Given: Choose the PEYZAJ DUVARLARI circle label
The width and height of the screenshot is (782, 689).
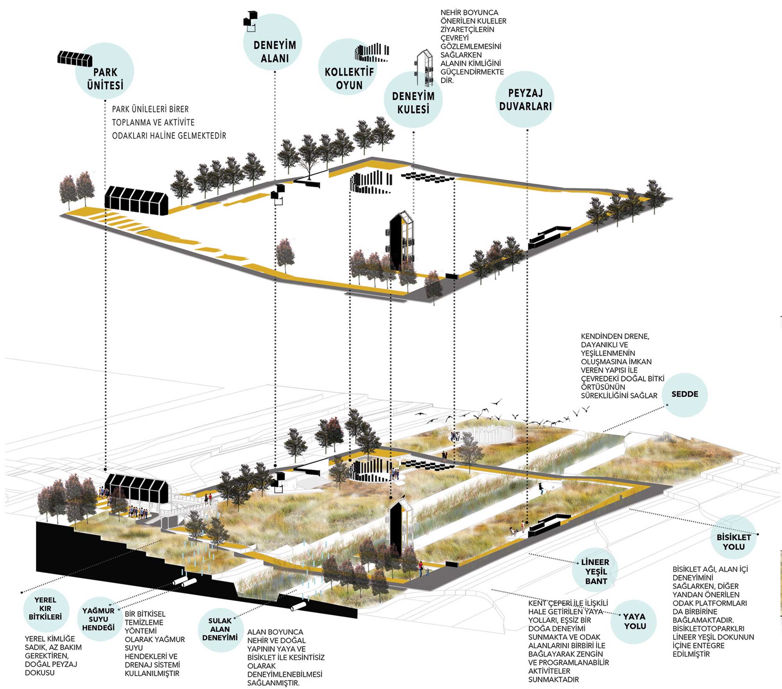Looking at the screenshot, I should tap(525, 100).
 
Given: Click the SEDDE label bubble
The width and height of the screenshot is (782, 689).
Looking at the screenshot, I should tap(685, 394).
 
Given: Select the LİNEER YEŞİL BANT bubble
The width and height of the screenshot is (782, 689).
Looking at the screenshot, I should tap(595, 571).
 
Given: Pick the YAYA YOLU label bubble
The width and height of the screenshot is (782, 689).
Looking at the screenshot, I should tap(634, 621).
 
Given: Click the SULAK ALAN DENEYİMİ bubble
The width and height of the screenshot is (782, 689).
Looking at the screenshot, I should tap(220, 629).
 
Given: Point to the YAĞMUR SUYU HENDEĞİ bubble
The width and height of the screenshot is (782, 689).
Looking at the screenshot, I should tap(99, 619).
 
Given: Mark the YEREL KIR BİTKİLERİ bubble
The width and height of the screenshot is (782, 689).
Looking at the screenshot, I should tap(45, 608).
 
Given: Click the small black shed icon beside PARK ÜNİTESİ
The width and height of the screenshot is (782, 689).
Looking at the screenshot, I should tap(75, 58).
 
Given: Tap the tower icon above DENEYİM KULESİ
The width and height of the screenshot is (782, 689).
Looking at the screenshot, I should tap(424, 67).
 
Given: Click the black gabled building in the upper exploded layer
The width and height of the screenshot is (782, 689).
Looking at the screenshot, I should tap(136, 200).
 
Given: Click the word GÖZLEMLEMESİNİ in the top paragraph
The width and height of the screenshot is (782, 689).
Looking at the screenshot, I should tap(470, 46).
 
